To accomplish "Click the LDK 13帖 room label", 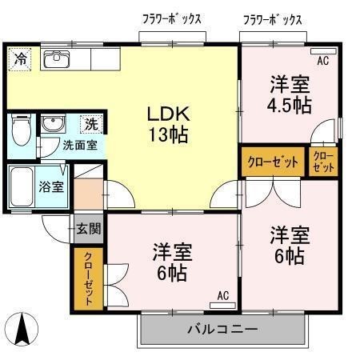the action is tap(169, 124).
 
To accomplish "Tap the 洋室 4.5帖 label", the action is tap(290, 94).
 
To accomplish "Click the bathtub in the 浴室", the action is tap(22, 186).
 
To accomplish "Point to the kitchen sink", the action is tap(57, 59).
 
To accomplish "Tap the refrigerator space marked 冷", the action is tap(20, 59).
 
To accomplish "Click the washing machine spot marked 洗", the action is tap(91, 124).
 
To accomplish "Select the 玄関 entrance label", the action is tap(89, 229).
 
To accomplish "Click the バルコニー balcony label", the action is tap(222, 329).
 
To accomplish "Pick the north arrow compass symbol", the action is tap(22, 329).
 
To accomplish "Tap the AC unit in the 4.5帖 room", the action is tap(324, 51).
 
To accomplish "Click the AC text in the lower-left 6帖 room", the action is tap(223, 296).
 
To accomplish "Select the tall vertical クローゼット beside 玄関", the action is tap(88, 279).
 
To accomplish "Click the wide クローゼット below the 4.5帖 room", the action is tap(273, 162).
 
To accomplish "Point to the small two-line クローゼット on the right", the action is tap(323, 162).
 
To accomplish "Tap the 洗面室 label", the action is tap(80, 146).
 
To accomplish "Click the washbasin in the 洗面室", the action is tap(54, 124).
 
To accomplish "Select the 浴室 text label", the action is tap(51, 186).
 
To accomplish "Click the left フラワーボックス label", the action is tap(172, 19).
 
